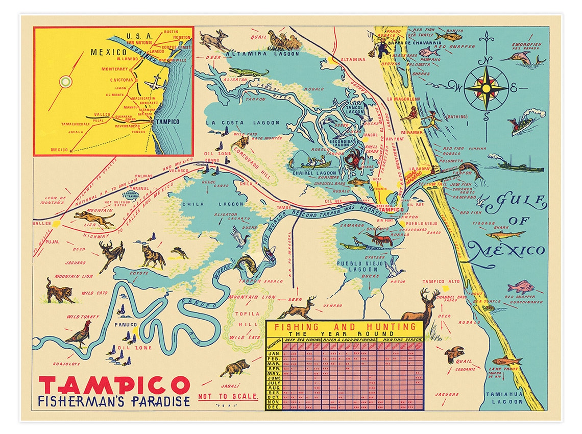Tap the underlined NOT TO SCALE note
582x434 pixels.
point(228,396)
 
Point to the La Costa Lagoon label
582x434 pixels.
point(243,123)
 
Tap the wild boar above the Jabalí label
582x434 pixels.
point(234,368)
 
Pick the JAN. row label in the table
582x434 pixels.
point(274,353)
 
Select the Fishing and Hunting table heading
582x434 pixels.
point(345,327)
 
